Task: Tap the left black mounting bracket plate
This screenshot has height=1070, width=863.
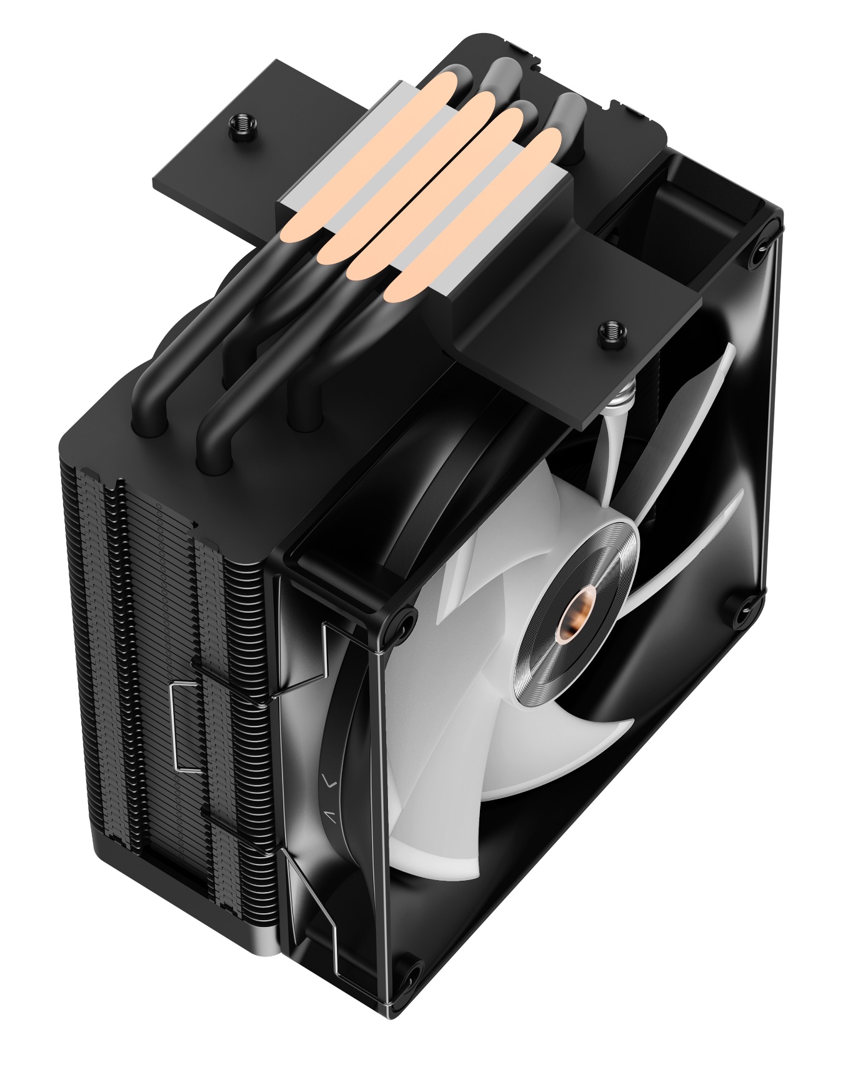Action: click(212, 162)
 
